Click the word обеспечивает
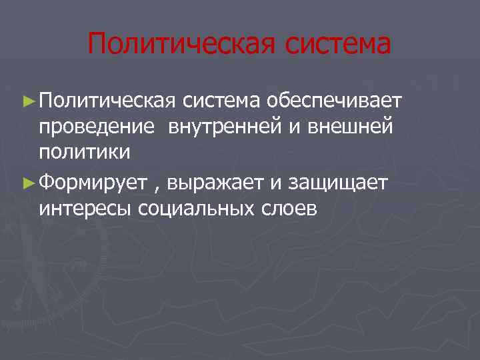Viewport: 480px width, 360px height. [x=335, y=101]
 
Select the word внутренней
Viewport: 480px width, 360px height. [x=225, y=127]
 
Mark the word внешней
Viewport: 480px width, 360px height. [x=350, y=127]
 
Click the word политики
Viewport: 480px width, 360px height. [x=84, y=153]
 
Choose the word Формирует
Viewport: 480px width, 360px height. [x=92, y=181]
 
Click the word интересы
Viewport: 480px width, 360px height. [x=85, y=209]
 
